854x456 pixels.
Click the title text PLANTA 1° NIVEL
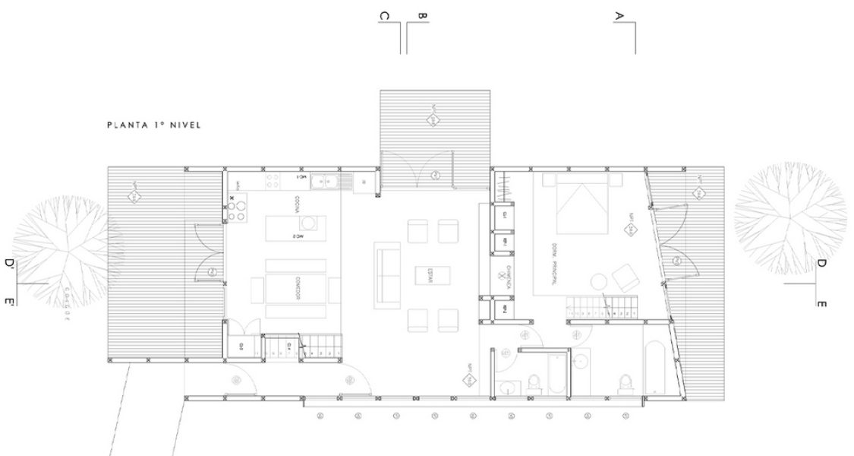pyautogui.click(x=154, y=125)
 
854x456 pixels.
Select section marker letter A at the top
pyautogui.click(x=619, y=15)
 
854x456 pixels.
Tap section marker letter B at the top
pyautogui.click(x=423, y=15)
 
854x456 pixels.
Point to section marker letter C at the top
pyautogui.click(x=385, y=16)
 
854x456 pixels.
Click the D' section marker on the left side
pyautogui.click(x=10, y=264)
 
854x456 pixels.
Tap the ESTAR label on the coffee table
pyautogui.click(x=428, y=278)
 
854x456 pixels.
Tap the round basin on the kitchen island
pyautogui.click(x=310, y=222)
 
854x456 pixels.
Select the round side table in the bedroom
pyautogui.click(x=599, y=280)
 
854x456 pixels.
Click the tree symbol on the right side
pyautogui.click(x=789, y=218)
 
